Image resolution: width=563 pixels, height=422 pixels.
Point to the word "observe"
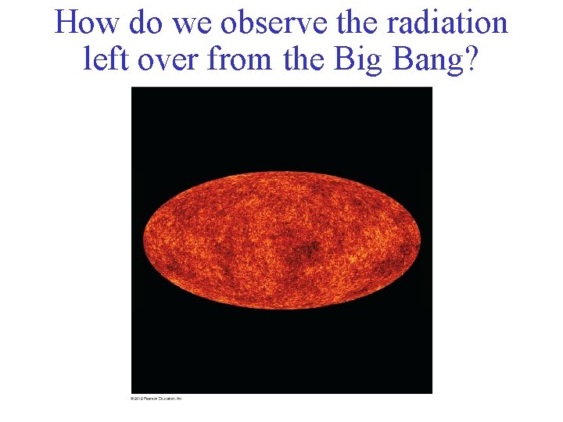[x=274, y=23]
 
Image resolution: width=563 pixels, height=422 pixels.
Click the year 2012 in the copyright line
[x=138, y=399]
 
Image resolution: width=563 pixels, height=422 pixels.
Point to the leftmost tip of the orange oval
[x=143, y=240]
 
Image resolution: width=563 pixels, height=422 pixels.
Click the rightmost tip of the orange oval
[x=421, y=240]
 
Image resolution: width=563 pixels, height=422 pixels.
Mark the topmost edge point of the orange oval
[x=281, y=171]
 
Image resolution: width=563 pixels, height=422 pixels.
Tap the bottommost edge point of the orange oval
[x=281, y=309]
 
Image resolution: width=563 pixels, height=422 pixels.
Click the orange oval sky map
[x=281, y=240]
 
